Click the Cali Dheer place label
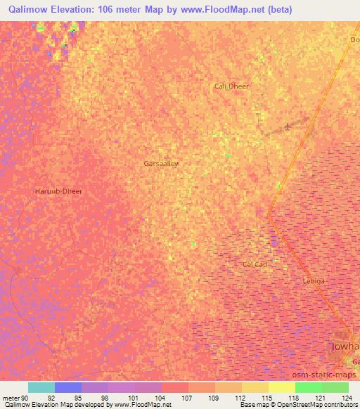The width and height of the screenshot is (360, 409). coord(231,86)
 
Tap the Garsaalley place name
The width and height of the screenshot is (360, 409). coord(161,163)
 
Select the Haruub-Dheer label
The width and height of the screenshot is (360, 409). coord(58,191)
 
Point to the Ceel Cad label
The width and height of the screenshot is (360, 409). coord(254,264)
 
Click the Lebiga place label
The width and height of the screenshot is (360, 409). coord(313,280)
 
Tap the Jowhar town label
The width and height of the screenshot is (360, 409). coord(345,347)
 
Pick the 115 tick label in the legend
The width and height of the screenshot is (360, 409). coord(266,398)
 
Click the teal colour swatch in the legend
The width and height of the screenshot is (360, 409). coord(41,387)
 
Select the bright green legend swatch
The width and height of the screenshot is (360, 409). coord(308,387)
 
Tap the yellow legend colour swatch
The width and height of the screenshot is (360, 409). coord(281,387)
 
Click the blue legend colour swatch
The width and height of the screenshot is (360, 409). coord(68,387)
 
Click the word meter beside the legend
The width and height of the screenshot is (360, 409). coord(10,398)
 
